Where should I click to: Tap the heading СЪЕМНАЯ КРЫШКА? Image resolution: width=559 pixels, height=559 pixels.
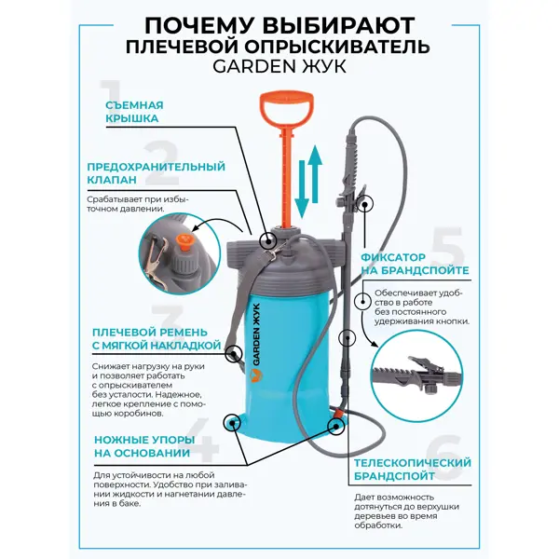tap(134, 112)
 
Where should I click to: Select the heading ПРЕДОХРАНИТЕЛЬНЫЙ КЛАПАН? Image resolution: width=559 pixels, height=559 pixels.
tap(157, 173)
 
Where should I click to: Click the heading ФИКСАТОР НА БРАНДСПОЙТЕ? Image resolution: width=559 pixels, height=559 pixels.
tap(415, 264)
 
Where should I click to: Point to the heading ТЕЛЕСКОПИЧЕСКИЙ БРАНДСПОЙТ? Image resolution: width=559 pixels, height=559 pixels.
tap(413, 470)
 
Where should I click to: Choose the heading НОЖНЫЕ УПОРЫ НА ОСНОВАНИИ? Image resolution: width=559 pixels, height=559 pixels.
tap(144, 446)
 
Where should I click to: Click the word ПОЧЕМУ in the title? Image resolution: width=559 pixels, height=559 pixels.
tap(198, 26)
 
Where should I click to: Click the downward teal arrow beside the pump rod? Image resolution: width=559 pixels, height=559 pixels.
tap(302, 189)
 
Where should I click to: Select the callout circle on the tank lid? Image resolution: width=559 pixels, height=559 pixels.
tap(267, 240)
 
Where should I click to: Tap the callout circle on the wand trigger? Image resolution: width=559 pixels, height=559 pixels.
tap(364, 203)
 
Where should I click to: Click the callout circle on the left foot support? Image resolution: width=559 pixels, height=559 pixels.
tap(232, 422)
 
